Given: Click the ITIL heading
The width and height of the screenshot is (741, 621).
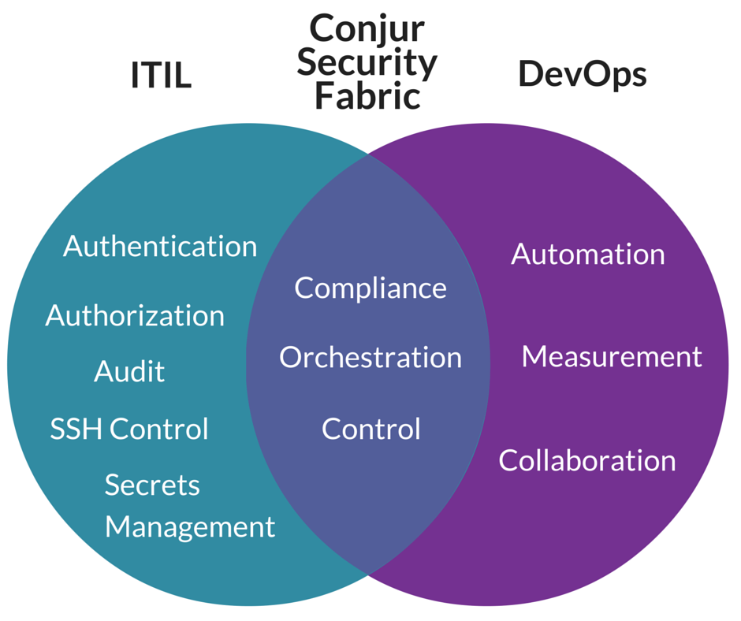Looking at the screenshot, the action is (x=161, y=76).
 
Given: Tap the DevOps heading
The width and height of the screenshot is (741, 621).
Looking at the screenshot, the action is (x=582, y=74).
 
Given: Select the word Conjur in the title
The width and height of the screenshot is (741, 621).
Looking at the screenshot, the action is (x=367, y=29).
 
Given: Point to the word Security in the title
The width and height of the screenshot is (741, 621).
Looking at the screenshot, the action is (x=367, y=63).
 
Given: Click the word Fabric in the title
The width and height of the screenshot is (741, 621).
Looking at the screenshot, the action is (x=367, y=96).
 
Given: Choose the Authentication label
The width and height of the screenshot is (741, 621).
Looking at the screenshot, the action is (x=160, y=246).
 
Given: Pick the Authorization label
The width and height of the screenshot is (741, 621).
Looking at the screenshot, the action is (x=135, y=315).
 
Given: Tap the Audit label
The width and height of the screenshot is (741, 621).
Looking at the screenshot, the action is (x=129, y=371).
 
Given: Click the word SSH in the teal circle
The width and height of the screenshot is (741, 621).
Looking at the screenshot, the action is (x=76, y=429).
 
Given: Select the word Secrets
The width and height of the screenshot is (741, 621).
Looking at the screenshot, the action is (x=152, y=485).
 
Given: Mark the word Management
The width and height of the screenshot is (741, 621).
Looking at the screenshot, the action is (x=190, y=526).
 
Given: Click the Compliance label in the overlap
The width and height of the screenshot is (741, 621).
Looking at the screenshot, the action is (x=370, y=288).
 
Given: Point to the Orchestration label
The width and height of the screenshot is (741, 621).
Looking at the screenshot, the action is (x=370, y=357).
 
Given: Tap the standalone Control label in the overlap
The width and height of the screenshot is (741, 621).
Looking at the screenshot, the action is (x=370, y=429).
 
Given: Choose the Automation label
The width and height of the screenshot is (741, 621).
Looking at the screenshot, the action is (x=588, y=254).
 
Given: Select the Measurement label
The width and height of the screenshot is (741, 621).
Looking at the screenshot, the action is (x=611, y=356).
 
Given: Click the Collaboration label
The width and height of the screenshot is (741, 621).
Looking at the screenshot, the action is (x=587, y=460).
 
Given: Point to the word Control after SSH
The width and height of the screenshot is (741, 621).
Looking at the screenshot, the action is (x=159, y=429).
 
